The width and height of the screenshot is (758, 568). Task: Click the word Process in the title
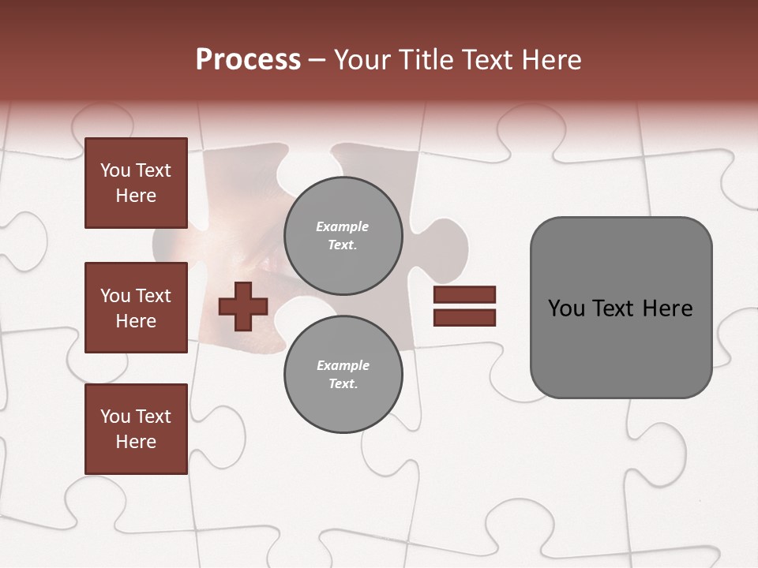click(248, 60)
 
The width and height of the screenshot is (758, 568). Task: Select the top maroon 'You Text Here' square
click(136, 183)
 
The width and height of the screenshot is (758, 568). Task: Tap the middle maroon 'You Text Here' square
click(136, 308)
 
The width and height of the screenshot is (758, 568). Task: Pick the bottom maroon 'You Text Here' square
click(136, 429)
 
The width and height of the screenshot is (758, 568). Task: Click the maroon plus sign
click(243, 306)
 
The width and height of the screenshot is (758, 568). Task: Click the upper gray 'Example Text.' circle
click(343, 236)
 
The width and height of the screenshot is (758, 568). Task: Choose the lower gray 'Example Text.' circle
click(343, 375)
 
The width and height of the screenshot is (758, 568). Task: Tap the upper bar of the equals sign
click(464, 295)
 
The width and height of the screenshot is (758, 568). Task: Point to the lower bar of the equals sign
click(464, 318)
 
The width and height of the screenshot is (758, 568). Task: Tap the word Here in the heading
click(550, 60)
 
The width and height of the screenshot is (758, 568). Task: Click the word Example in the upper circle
click(343, 226)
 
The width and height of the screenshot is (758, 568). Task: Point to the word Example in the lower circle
click(343, 365)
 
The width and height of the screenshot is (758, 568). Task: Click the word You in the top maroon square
click(115, 170)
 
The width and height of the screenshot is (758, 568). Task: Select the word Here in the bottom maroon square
click(136, 442)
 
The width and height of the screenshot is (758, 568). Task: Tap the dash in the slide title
click(317, 60)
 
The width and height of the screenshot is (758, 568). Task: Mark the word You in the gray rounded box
click(566, 308)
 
